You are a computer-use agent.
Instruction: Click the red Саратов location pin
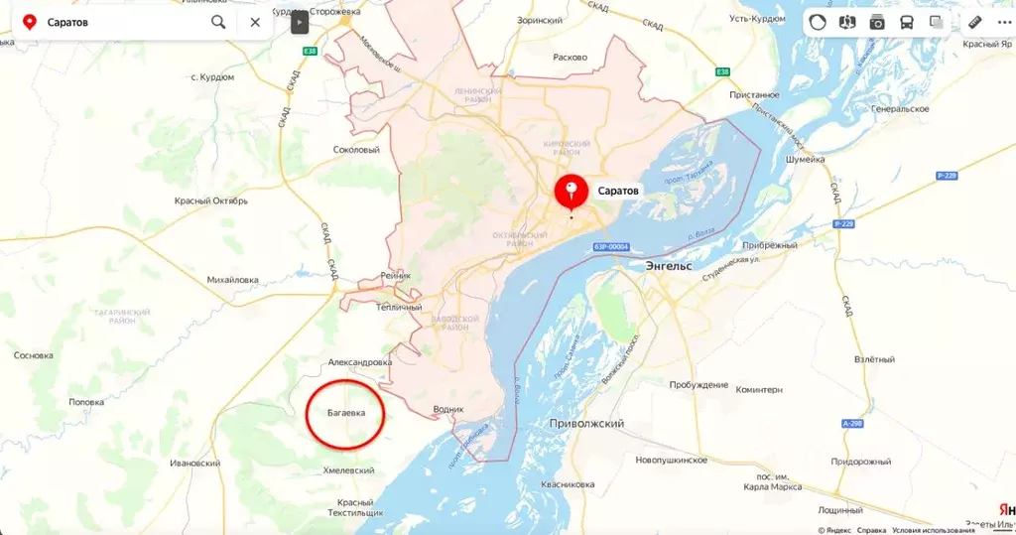[571, 190]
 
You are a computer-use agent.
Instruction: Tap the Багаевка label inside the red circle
[345, 412]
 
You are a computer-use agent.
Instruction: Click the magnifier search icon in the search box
[218, 22]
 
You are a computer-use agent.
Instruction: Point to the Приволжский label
[586, 424]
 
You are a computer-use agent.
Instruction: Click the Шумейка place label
[805, 159]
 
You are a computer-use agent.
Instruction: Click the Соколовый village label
[356, 150]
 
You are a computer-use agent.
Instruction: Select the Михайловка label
[232, 280]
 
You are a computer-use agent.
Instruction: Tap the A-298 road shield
[851, 423]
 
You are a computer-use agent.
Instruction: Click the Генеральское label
[900, 108]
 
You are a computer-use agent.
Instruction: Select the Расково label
[571, 57]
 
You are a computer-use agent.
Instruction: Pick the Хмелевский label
[348, 470]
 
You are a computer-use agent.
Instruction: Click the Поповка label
[85, 402]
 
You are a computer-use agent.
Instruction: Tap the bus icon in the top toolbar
[906, 22]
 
